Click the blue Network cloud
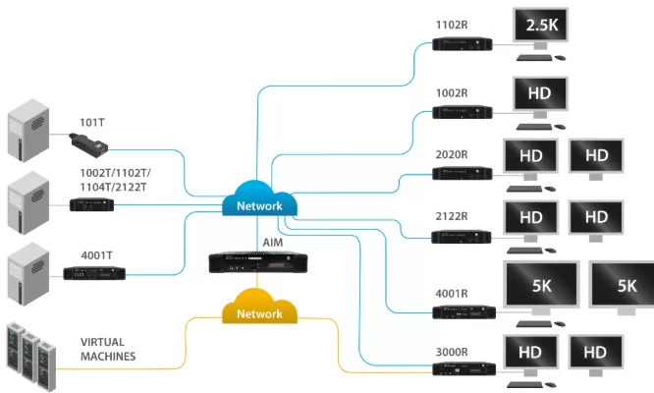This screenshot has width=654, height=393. pyautogui.click(x=259, y=203)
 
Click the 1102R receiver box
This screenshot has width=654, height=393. pyautogui.click(x=462, y=43)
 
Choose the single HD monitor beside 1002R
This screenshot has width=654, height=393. pyautogui.click(x=539, y=96)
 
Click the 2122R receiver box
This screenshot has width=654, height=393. pyautogui.click(x=462, y=236)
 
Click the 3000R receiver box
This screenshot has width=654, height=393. pyautogui.click(x=462, y=369)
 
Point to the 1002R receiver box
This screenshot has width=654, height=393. pyautogui.click(x=462, y=111)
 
